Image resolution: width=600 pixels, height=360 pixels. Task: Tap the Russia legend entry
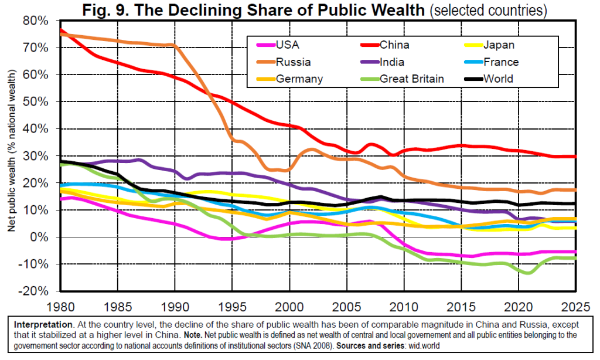295,62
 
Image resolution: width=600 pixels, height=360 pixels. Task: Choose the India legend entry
392,62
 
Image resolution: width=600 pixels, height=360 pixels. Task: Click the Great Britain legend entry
411,79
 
